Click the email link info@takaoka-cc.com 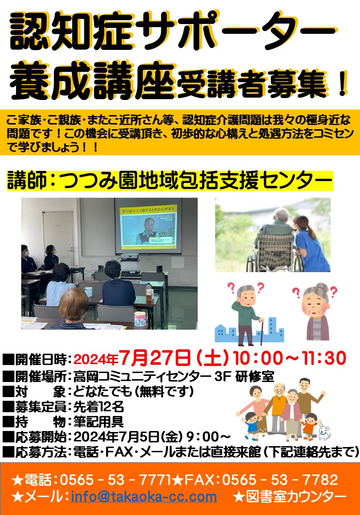click(144, 496)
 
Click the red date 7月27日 click(155, 358)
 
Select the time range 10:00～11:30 click(290, 358)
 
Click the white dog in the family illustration click(324, 432)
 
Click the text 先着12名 click(98, 407)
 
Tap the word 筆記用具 click(98, 422)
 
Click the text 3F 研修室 click(244, 376)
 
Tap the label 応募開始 click(41, 437)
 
